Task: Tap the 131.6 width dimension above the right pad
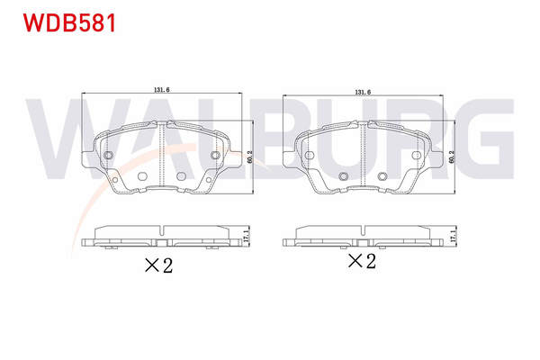pyautogui.click(x=362, y=91)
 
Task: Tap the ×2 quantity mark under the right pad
pyautogui.click(x=361, y=262)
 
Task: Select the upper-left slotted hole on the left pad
pyautogui.click(x=108, y=157)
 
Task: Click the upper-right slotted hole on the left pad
pyautogui.click(x=214, y=157)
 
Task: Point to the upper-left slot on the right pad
pyautogui.click(x=310, y=157)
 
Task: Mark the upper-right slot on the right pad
pyautogui.click(x=415, y=157)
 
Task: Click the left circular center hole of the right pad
pyautogui.click(x=343, y=175)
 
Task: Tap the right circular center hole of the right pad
pyautogui.click(x=382, y=175)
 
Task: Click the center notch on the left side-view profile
pyautogui.click(x=161, y=241)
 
